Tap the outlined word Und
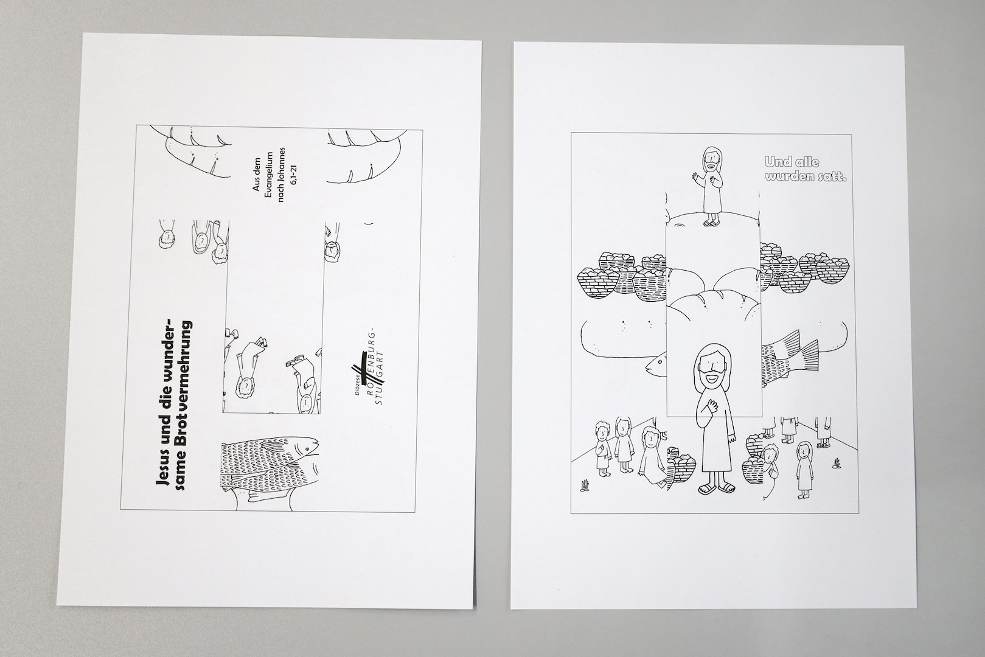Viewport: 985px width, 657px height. (x=776, y=162)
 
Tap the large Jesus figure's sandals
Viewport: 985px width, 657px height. (x=717, y=487)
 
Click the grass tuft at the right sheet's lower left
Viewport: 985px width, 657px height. (x=585, y=485)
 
